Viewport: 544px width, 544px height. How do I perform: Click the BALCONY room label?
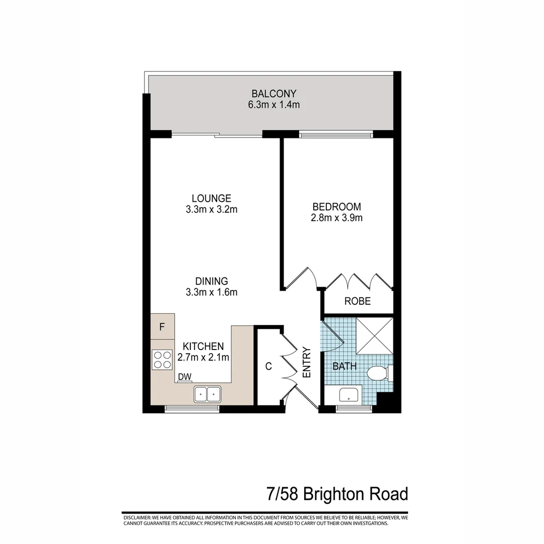(x=274, y=94)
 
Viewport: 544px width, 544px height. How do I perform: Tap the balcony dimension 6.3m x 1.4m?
(x=274, y=105)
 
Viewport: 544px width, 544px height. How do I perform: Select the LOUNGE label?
(x=211, y=198)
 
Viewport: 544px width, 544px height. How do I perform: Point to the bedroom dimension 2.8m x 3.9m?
(x=337, y=218)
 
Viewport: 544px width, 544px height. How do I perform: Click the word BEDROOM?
(x=337, y=207)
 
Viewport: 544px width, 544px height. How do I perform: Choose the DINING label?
(x=212, y=281)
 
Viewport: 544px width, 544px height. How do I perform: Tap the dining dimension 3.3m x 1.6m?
(x=212, y=292)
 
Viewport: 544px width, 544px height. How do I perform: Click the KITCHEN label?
(x=203, y=347)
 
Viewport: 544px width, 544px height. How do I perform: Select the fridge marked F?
(x=162, y=326)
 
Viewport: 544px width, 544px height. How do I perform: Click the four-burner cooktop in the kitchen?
(x=163, y=360)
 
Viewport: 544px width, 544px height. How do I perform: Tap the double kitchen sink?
(x=208, y=394)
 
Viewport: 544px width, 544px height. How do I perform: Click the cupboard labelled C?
(x=268, y=366)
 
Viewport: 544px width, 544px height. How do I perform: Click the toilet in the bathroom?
(x=378, y=374)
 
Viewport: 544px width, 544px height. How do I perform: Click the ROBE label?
(x=358, y=301)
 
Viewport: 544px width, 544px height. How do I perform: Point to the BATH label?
(x=345, y=366)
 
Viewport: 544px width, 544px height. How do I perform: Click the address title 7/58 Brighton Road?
(x=337, y=494)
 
